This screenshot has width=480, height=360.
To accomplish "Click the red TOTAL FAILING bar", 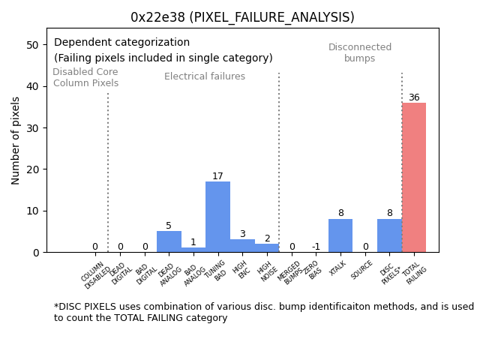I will (414, 178).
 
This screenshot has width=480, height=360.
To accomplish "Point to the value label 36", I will (414, 97).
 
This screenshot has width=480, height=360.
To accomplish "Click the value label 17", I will (217, 176).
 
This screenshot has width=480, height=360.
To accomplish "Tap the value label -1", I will (316, 247).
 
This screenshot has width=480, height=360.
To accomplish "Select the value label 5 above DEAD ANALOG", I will (169, 226).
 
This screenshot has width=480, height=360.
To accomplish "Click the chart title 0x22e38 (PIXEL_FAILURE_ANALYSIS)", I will (242, 17).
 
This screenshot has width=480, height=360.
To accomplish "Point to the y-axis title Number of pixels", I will (16, 140).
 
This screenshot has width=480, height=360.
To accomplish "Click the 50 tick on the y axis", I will (32, 45).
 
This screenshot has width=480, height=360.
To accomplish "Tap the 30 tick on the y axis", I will (32, 128).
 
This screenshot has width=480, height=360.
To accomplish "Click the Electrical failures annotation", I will (205, 76).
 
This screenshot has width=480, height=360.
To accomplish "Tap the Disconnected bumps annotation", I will (360, 52).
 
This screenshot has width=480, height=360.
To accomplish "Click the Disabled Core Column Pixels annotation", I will (85, 77).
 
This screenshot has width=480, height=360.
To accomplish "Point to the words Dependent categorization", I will (121, 43).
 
